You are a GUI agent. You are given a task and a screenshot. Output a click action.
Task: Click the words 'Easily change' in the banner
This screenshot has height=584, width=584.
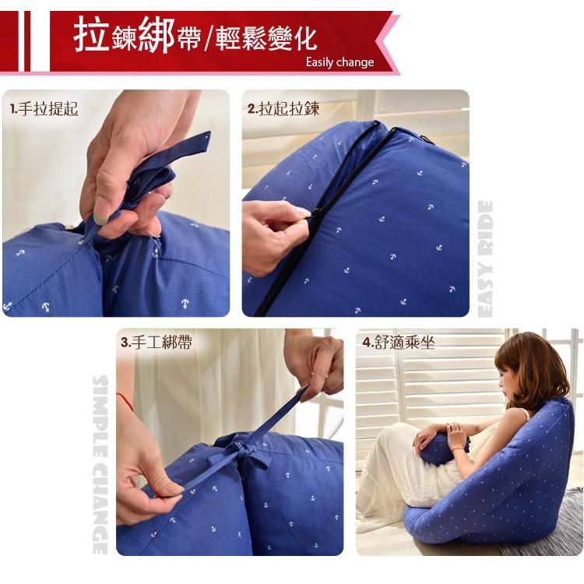[339, 62]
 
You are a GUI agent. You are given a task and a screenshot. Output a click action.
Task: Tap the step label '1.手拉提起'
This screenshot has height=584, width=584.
[44, 109]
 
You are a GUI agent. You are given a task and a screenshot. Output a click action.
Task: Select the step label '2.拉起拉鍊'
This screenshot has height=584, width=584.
[283, 109]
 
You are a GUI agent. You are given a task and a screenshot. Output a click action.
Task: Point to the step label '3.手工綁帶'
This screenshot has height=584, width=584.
[157, 343]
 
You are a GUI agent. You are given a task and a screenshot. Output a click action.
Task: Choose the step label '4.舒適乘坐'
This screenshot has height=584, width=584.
[399, 343]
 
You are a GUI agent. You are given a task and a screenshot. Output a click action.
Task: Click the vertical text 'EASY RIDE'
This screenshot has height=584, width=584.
[485, 259]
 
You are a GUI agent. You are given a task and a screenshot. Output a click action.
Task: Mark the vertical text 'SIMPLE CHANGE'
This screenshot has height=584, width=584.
[100, 465]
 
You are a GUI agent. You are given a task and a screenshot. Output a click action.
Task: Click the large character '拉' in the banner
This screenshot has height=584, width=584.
[91, 36]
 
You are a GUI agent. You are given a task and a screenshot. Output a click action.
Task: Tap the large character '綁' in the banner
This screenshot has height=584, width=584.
[157, 36]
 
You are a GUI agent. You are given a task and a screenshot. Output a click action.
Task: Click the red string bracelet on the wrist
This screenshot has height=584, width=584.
[125, 400]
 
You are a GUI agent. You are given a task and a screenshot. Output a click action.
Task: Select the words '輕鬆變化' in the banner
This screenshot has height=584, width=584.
[266, 39]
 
